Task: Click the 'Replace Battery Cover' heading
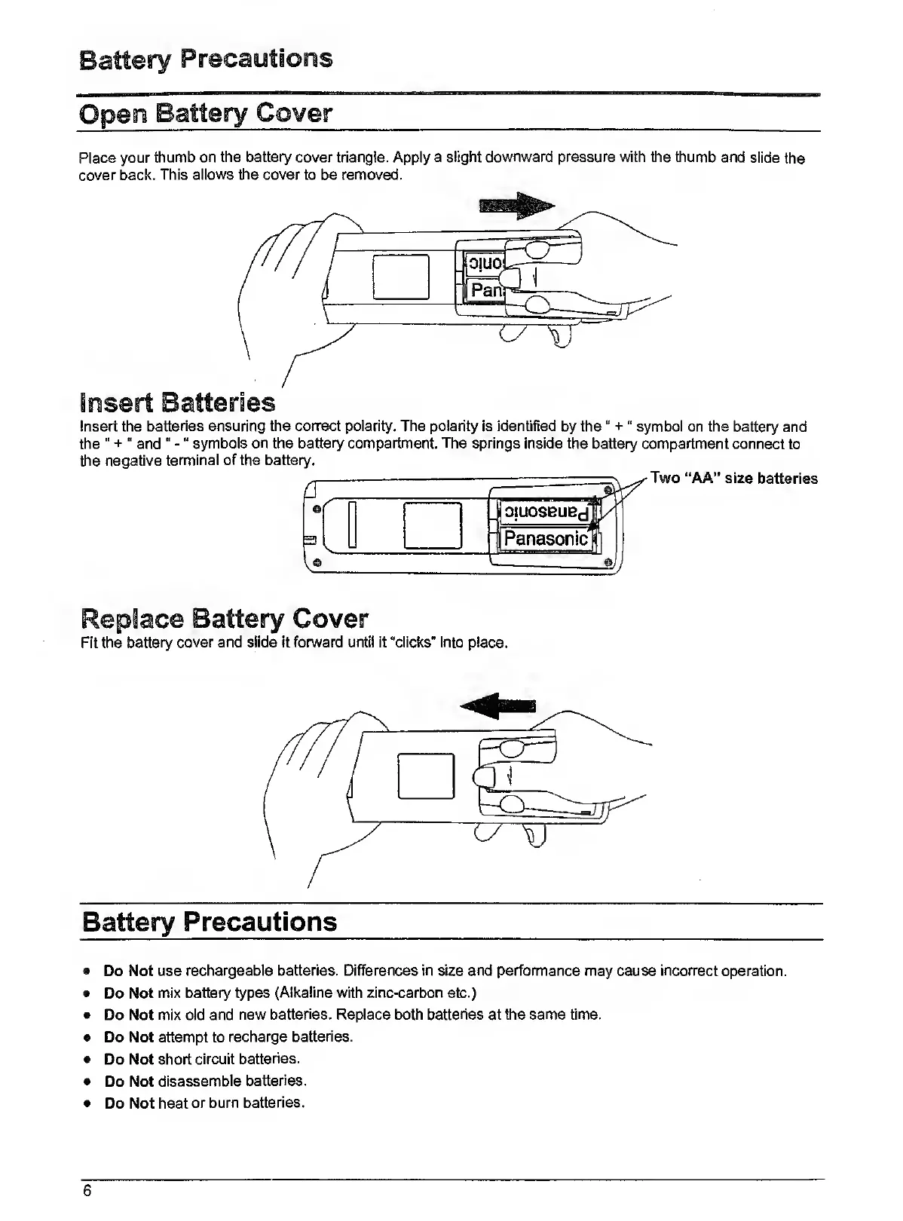[224, 618]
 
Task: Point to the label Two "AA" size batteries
[733, 479]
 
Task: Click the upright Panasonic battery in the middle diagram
[546, 538]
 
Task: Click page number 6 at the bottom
[87, 1191]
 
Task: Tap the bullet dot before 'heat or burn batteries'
[88, 1103]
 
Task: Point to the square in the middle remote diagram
[433, 525]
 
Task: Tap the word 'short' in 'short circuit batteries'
[174, 1059]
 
